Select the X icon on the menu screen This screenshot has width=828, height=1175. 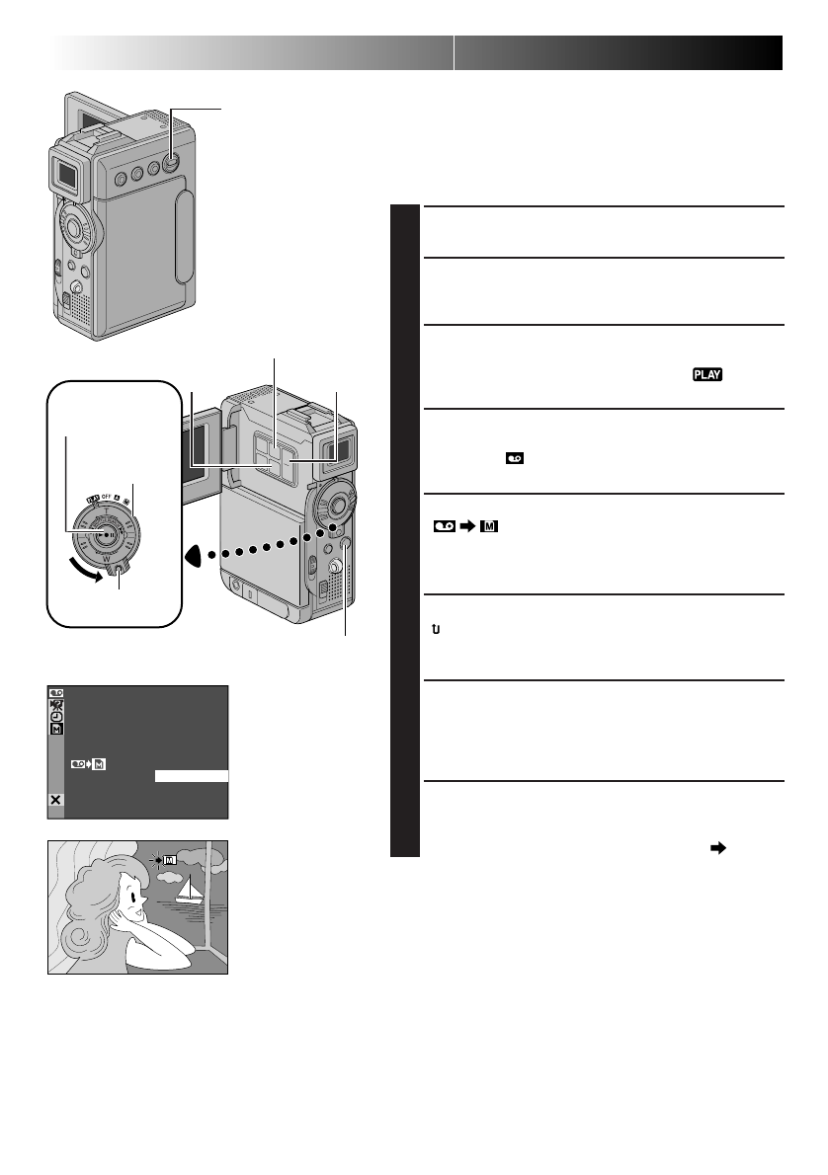55,801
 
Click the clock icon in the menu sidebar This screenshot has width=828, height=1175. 55,716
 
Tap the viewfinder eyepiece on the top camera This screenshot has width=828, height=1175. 68,177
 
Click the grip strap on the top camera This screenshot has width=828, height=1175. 182,237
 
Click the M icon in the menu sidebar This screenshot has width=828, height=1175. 55,729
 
